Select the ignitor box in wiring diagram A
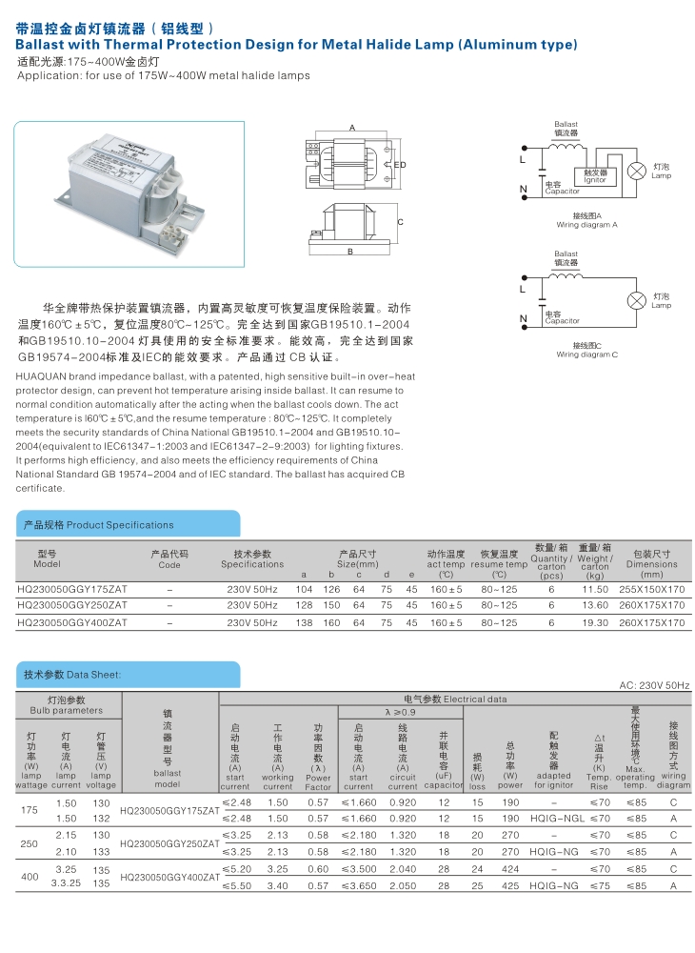tap(595, 176)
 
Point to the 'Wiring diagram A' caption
tap(586, 225)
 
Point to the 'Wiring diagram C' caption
tap(586, 354)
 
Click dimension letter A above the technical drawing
tap(351, 128)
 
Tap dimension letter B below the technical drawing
tap(351, 253)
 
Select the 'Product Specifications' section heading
tap(99, 524)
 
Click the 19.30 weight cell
tap(595, 622)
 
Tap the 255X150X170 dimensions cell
tap(651, 589)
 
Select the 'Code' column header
tap(169, 564)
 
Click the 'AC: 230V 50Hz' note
tap(654, 685)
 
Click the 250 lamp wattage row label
tap(29, 842)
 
